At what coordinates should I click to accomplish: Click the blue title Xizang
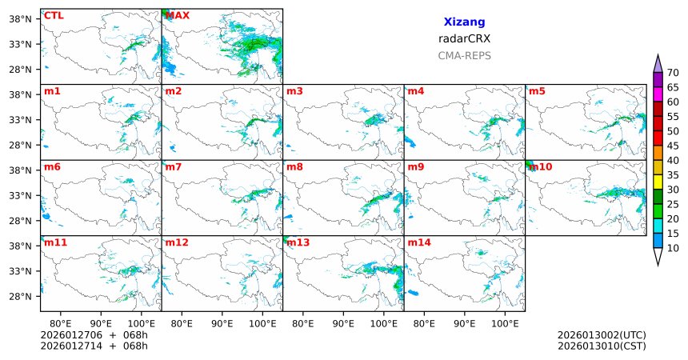[x=464, y=22]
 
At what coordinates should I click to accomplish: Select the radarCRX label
[x=464, y=38]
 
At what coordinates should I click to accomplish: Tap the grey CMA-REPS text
[x=464, y=56]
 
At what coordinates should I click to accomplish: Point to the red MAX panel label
[x=178, y=15]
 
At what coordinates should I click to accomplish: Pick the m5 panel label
[x=537, y=91]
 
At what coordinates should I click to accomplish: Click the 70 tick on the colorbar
[x=673, y=73]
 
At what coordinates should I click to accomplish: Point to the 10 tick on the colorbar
[x=673, y=249]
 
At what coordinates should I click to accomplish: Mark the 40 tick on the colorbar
[x=673, y=161]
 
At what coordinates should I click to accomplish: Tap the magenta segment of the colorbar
[x=658, y=94]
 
